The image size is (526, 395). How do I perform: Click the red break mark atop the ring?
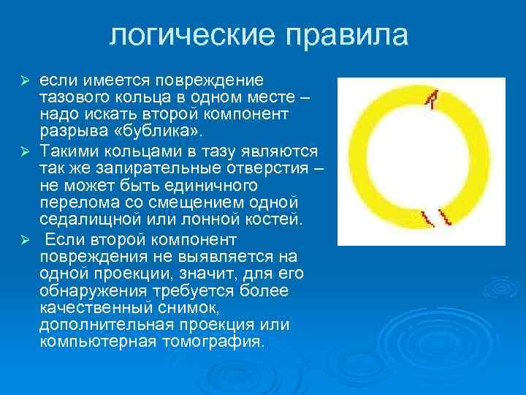tap(435, 99)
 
